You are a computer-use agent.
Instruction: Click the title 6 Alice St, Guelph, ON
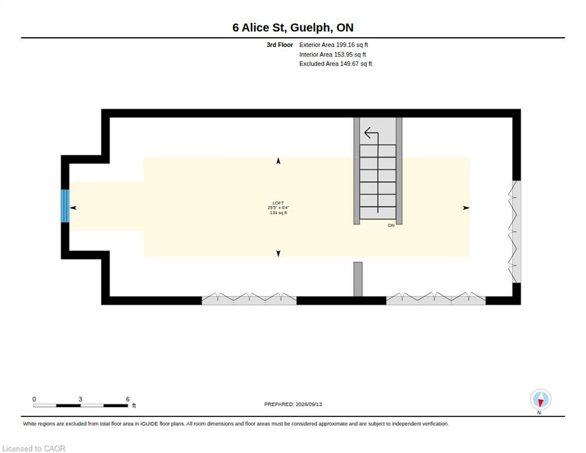(292, 28)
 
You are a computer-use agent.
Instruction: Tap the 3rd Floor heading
(279, 45)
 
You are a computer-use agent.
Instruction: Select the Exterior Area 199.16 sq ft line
(333, 45)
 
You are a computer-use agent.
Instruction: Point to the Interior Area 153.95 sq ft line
(332, 55)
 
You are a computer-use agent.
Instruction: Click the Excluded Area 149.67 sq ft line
(335, 64)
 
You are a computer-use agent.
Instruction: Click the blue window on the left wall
(65, 206)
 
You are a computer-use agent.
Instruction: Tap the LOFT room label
(278, 203)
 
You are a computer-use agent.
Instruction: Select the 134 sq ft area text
(278, 213)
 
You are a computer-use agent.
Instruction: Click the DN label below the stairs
(391, 225)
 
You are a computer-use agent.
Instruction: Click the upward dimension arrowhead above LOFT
(278, 161)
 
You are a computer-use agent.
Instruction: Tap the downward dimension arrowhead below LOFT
(278, 254)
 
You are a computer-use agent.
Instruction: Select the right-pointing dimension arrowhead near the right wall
(466, 208)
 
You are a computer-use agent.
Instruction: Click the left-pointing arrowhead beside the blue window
(73, 208)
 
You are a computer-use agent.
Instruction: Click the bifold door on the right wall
(514, 232)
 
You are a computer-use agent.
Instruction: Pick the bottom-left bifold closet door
(249, 298)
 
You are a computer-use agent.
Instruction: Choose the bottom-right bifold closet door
(436, 298)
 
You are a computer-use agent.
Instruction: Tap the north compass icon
(541, 399)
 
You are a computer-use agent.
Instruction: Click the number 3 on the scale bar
(80, 399)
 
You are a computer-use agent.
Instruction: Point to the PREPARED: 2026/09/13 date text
(293, 405)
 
